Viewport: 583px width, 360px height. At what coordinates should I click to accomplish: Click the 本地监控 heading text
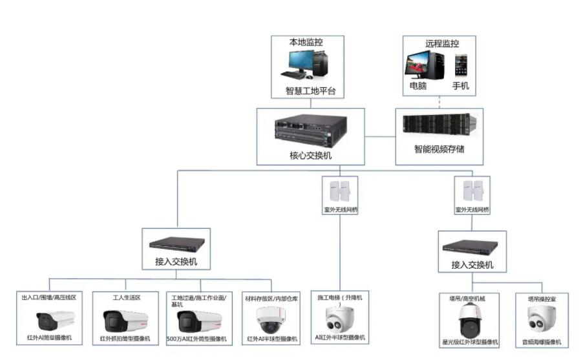(x=306, y=43)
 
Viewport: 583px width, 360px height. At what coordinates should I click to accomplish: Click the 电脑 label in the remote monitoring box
(x=418, y=86)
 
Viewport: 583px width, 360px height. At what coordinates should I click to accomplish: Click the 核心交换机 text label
(x=302, y=156)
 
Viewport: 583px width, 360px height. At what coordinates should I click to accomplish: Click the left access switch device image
(x=176, y=244)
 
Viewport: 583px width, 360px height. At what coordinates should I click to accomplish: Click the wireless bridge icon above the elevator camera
(x=341, y=190)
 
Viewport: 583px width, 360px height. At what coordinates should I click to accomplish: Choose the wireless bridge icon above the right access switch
(x=472, y=190)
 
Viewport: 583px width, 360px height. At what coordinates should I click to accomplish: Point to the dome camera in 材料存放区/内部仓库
(x=272, y=318)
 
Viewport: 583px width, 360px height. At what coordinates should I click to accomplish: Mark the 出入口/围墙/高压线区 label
(x=49, y=297)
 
